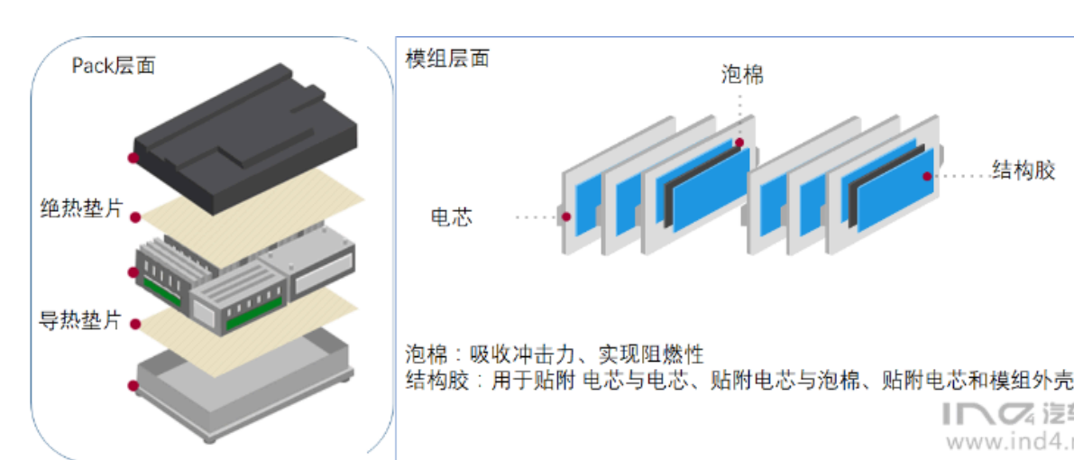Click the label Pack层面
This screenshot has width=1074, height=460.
(x=114, y=66)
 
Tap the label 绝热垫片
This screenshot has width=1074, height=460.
(x=80, y=209)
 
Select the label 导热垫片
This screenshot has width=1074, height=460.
(x=80, y=320)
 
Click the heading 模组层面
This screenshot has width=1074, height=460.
(x=448, y=59)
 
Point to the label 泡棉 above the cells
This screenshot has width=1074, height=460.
(x=742, y=74)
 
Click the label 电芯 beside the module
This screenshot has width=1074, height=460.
(x=451, y=217)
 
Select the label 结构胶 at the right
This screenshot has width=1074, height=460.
(x=1023, y=170)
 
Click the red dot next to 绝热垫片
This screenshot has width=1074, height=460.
(x=136, y=216)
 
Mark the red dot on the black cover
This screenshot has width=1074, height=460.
(x=133, y=158)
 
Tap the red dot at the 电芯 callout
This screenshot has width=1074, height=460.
(x=565, y=216)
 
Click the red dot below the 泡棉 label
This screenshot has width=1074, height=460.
(x=739, y=142)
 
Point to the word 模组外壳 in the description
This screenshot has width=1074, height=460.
(x=1036, y=381)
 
